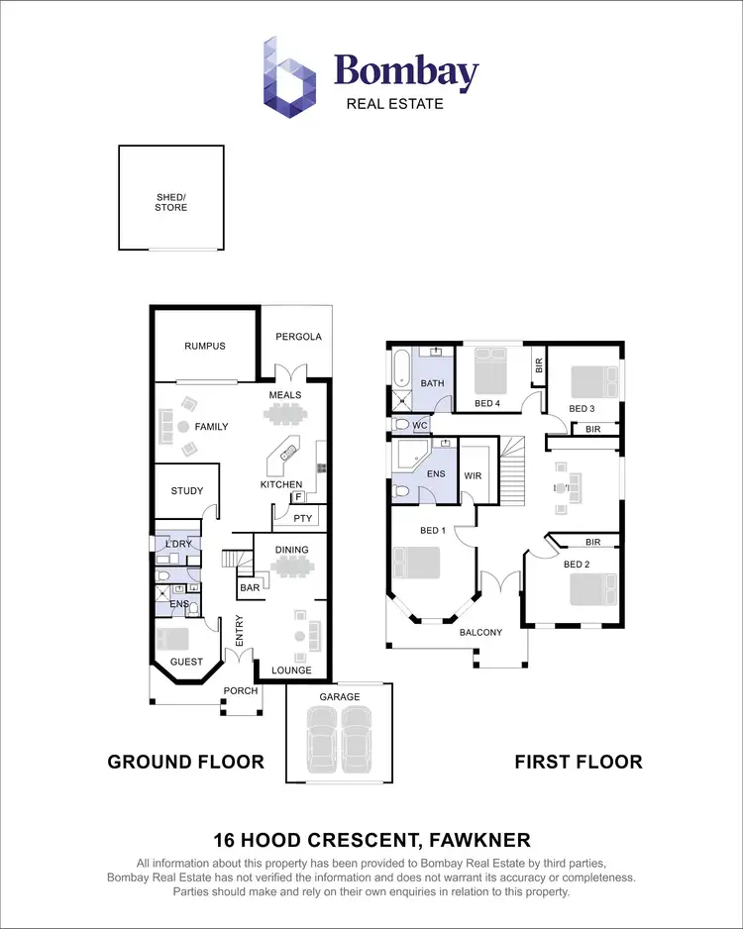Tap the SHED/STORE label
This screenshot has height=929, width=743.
[x=170, y=203]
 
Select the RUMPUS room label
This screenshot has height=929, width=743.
[x=205, y=347]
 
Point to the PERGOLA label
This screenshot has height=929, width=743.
[x=297, y=337]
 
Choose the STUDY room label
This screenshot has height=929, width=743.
[x=186, y=491]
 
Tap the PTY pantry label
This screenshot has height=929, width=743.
[x=302, y=517]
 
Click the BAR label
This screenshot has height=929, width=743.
[x=250, y=587]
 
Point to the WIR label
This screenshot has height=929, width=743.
[x=473, y=475]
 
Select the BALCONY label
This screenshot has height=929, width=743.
[x=481, y=632]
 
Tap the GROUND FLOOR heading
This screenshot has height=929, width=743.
[x=185, y=762]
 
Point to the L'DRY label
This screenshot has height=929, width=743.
[x=178, y=546]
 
